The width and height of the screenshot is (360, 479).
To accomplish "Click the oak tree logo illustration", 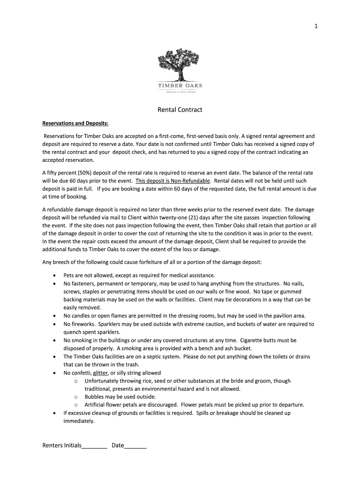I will coord(180,65).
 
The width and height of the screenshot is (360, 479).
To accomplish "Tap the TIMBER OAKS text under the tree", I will coord(180,86).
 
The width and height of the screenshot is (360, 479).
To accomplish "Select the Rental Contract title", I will coord(180,110).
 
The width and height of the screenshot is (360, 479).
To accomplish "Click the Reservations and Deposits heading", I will coord(75,123).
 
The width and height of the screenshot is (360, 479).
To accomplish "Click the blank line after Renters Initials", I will coord(94,446).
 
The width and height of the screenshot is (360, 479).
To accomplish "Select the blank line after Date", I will coord(136,446).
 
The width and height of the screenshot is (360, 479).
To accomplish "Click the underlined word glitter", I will coord(101,373).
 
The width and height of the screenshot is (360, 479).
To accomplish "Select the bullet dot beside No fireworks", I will coord(56,324).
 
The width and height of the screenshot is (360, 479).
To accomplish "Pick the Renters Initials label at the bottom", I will coord(62,446).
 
